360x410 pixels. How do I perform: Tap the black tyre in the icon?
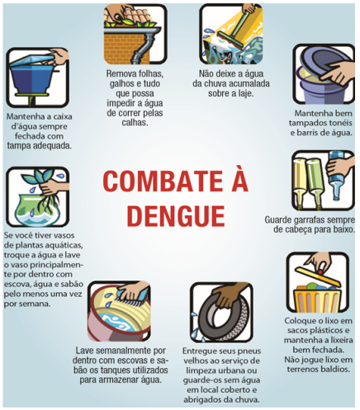click(x=221, y=316)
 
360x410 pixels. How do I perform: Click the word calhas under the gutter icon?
click(x=135, y=122)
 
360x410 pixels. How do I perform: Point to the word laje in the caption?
click(x=246, y=93)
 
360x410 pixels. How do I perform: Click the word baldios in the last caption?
click(x=336, y=369)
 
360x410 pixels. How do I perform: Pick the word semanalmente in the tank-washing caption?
click(x=123, y=351)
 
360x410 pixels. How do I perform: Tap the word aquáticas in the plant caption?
click(x=65, y=245)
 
